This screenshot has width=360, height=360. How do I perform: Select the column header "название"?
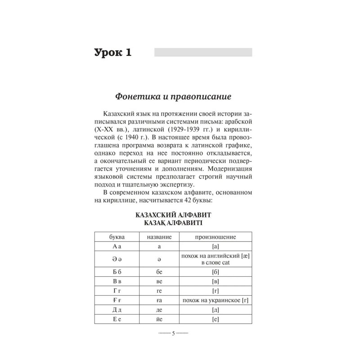click(160, 237)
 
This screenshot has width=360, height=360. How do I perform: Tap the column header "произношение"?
click(215, 237)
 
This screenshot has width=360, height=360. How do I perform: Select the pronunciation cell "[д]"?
click(215, 310)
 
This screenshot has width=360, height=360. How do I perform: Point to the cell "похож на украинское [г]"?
click(215, 301)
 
